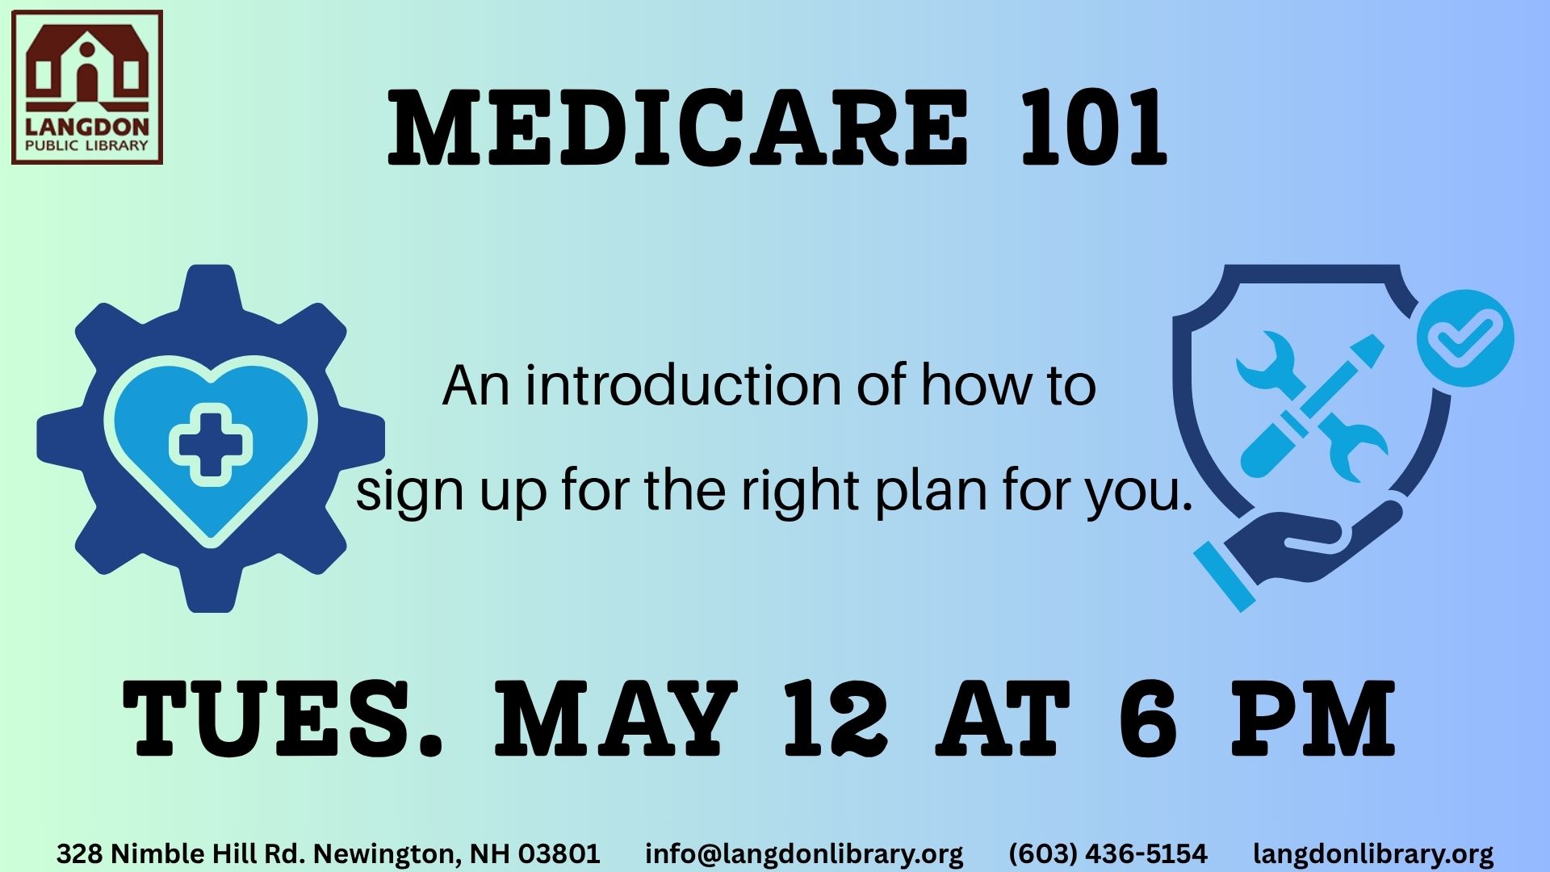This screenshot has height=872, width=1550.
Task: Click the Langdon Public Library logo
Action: click(87, 87)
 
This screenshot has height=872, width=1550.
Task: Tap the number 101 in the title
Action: click(1094, 128)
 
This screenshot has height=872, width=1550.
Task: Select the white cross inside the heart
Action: click(211, 444)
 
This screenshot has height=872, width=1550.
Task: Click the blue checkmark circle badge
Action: click(1465, 337)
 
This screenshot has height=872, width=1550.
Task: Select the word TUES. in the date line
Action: click(282, 718)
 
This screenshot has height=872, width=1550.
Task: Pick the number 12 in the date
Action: click(836, 718)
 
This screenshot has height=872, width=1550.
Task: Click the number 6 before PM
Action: click(1149, 718)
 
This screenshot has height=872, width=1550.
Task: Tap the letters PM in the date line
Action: click(1313, 718)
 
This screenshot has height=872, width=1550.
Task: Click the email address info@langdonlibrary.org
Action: click(804, 853)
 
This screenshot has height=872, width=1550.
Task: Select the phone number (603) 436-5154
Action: click(1108, 853)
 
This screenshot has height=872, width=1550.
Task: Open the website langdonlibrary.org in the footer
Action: click(1373, 853)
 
